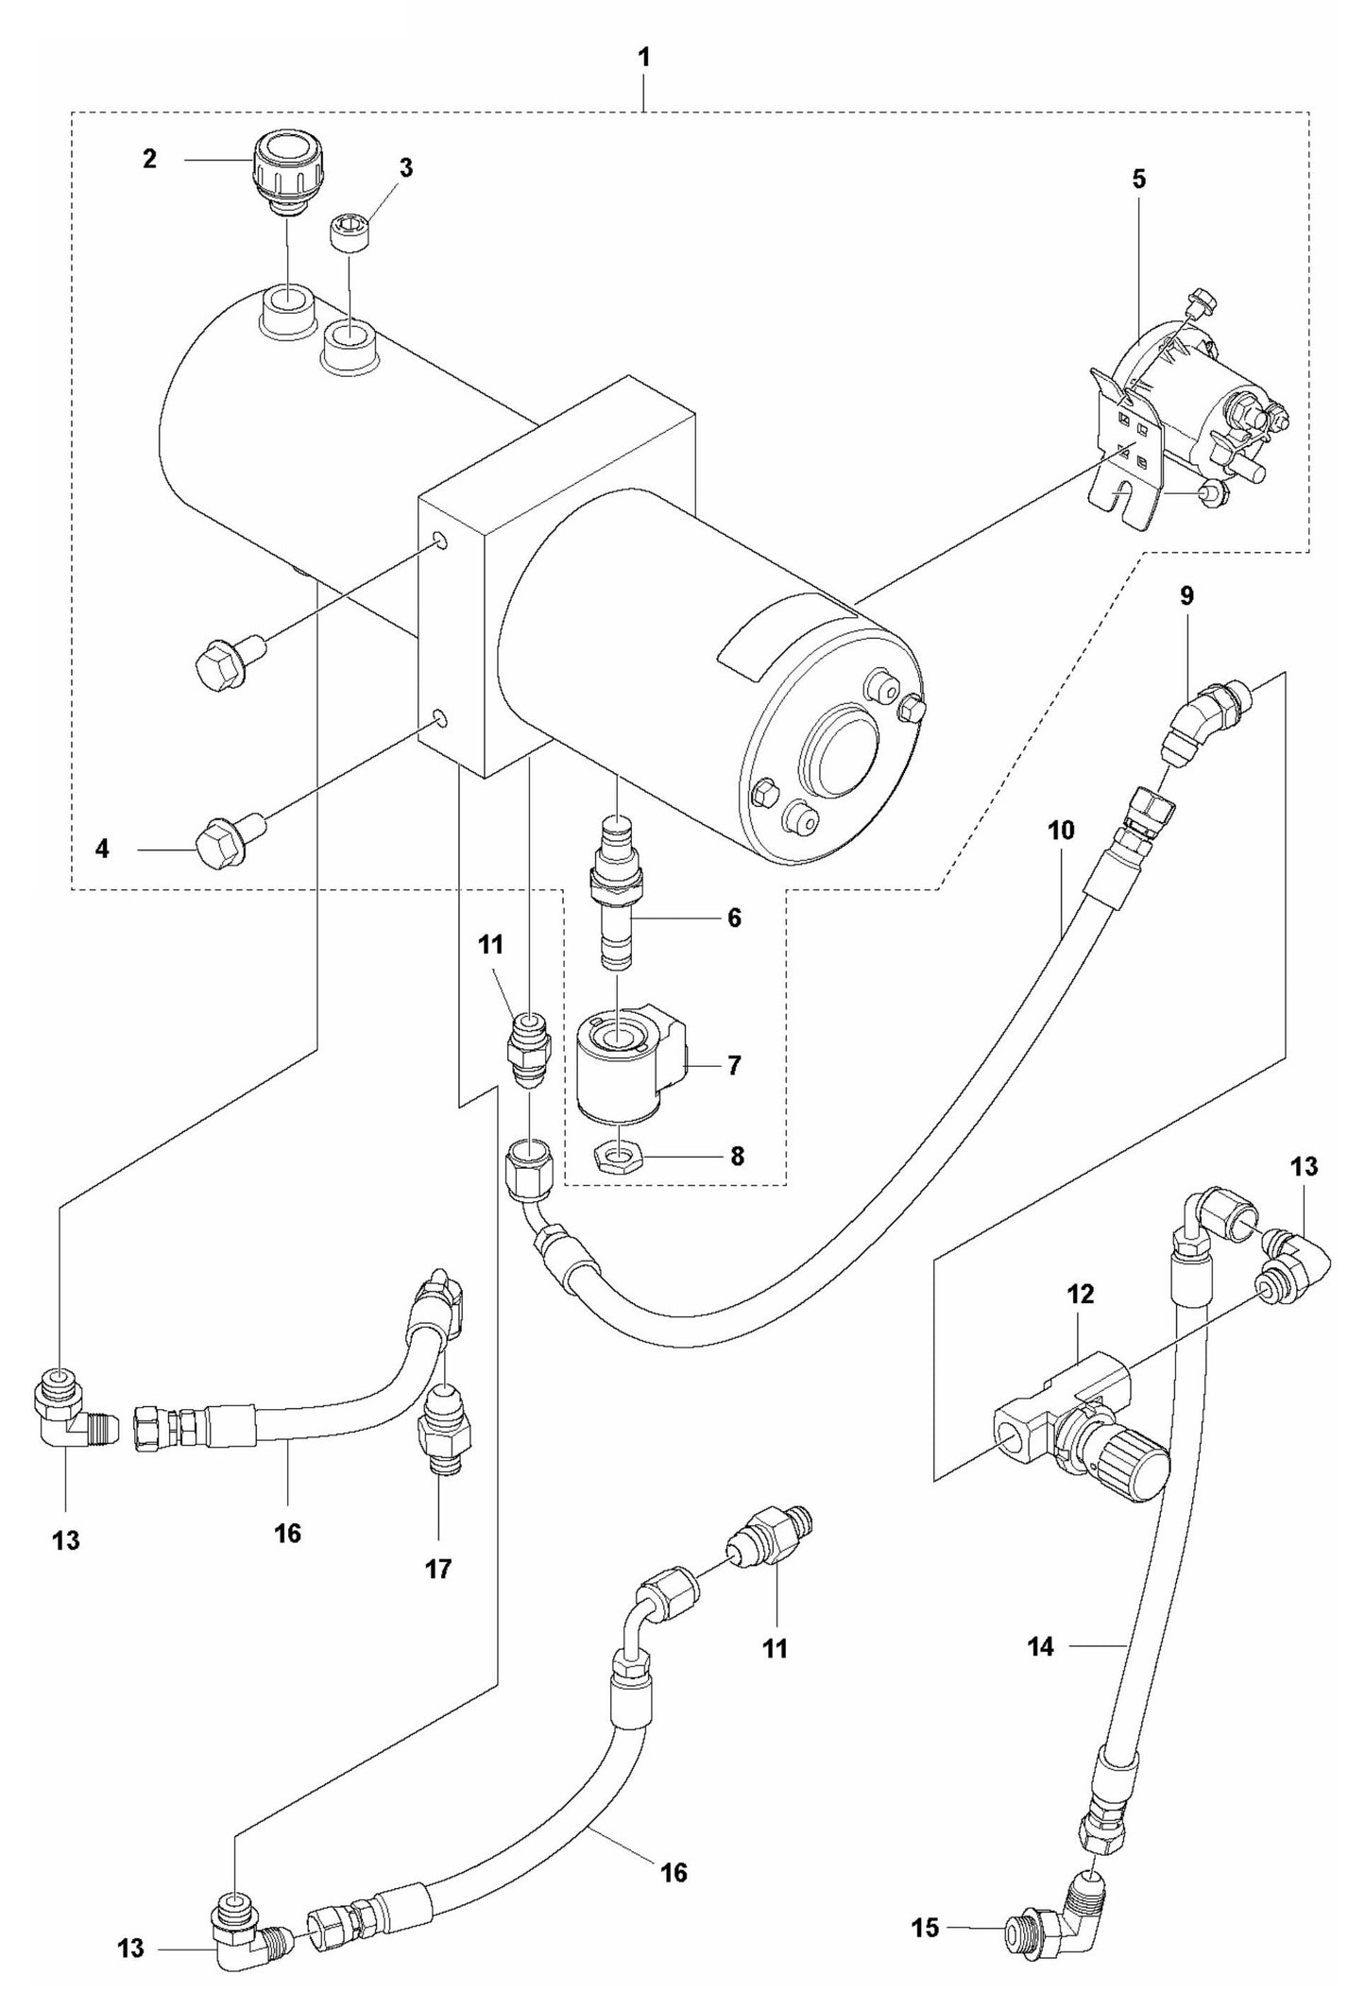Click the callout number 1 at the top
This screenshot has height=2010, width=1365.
643,58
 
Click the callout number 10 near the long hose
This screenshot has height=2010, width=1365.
1061,831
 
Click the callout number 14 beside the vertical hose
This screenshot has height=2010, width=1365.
1040,1646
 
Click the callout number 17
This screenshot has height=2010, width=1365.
438,1570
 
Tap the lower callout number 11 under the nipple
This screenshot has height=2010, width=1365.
775,1649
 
